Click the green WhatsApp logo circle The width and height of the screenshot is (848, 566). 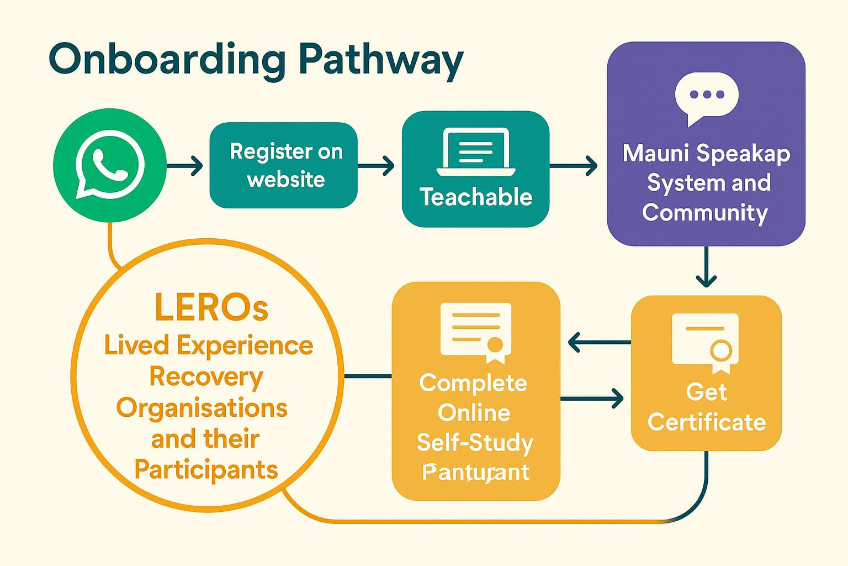pos(110,165)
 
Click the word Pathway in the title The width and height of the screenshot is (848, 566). pos(381,60)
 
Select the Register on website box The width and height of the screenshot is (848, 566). pos(284,165)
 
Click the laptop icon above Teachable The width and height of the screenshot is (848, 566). pos(476,151)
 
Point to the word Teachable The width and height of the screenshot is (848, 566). pos(476,197)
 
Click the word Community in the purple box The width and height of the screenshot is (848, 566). pos(705,213)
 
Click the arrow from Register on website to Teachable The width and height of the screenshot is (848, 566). pos(377,165)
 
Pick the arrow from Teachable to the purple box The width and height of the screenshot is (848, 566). pos(574,165)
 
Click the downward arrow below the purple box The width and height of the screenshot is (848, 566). pos(706,268)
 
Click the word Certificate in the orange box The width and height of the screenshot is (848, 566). pos(707,423)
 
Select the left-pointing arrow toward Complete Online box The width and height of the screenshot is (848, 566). pos(598,343)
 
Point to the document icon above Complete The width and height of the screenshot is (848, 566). pos(476,332)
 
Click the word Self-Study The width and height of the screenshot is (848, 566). pos(475,443)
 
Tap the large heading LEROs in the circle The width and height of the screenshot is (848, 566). pos(211,307)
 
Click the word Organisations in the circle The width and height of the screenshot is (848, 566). pos(202,408)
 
